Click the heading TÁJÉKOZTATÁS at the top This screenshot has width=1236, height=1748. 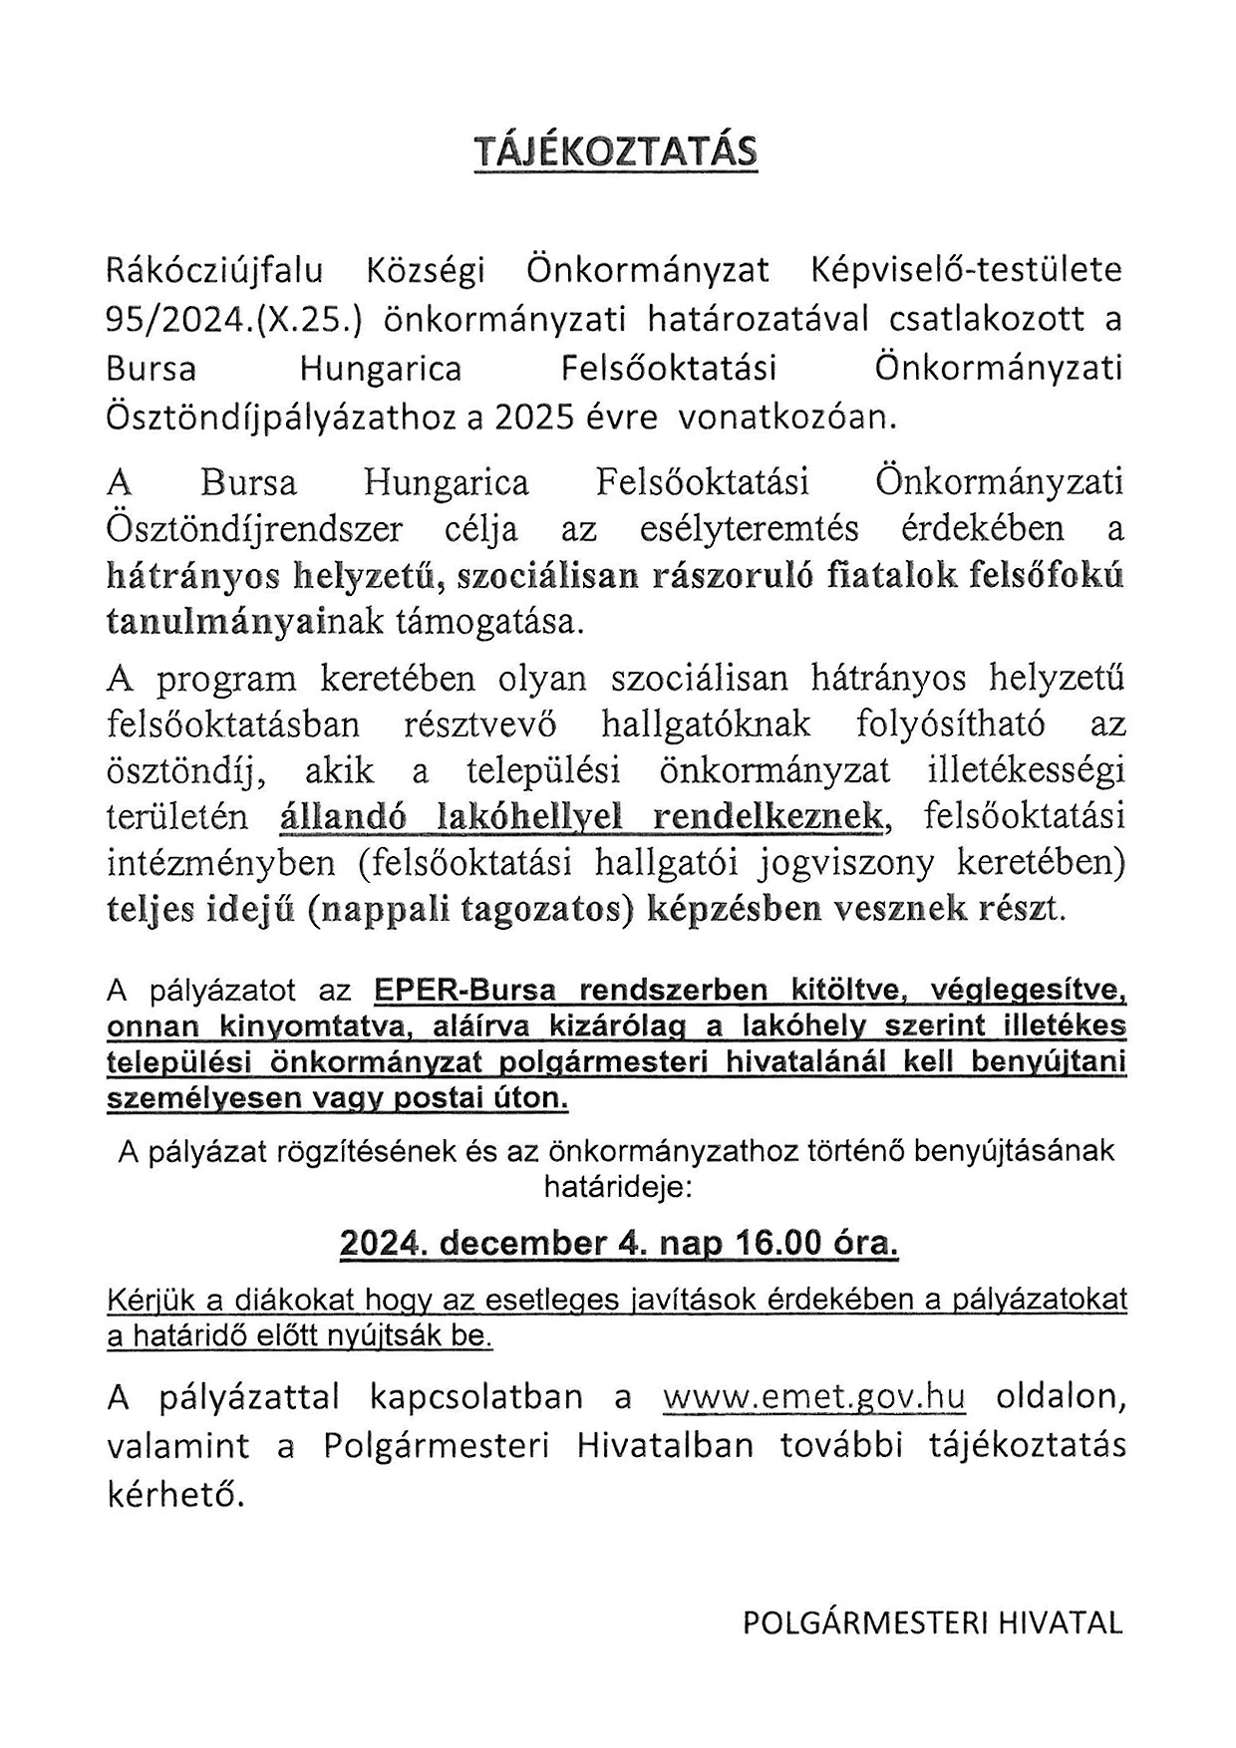(616, 151)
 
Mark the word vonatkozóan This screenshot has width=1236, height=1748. (787, 417)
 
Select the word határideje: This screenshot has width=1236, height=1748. (616, 1187)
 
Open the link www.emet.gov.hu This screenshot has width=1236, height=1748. (813, 1397)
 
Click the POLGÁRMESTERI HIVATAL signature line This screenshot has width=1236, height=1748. (932, 1622)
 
